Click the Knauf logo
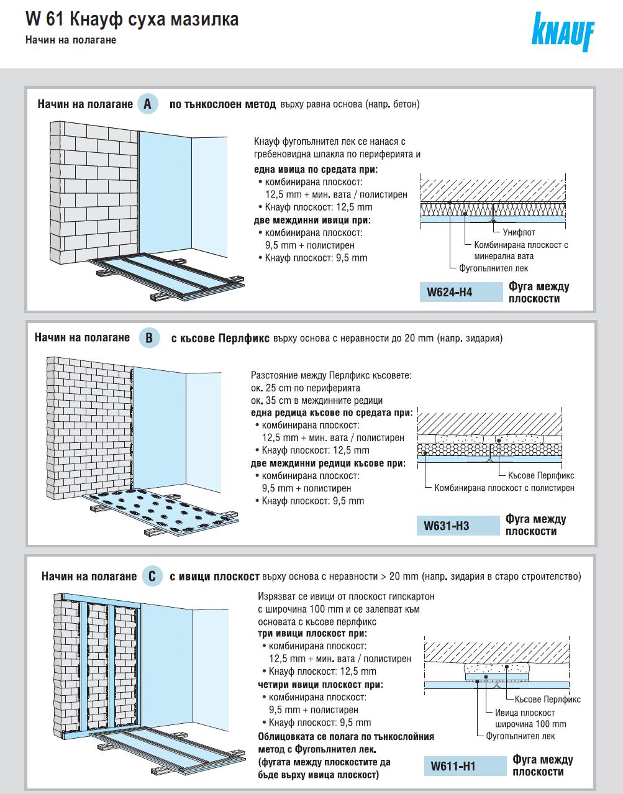562,32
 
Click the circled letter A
147,104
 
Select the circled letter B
149,338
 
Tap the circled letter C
153,577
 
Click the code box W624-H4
460,291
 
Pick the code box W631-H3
458,526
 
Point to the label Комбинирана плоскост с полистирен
504,488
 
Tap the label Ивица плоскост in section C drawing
525,713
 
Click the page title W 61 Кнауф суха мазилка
132,20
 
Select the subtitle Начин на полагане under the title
71,40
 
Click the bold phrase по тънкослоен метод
222,104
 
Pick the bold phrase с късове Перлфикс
220,339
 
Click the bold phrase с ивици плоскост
214,577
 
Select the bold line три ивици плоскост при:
312,634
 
